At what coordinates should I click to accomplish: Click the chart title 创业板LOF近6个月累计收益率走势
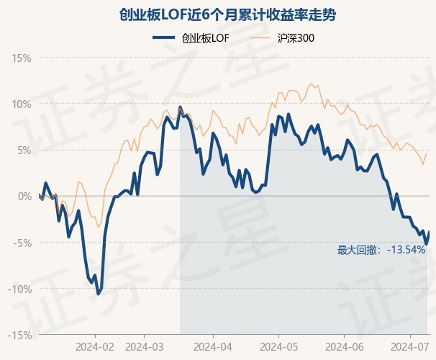[x=218, y=15]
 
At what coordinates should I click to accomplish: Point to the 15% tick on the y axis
[x=21, y=58]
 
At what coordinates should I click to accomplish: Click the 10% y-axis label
[x=21, y=104]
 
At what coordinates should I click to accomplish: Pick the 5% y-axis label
[x=24, y=150]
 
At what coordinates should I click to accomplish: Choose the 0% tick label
[x=24, y=196]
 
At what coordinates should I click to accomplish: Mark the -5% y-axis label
[x=22, y=243]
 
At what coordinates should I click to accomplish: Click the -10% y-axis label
[x=19, y=289]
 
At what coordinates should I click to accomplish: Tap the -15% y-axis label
[x=19, y=335]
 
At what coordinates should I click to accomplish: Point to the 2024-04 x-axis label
[x=214, y=346]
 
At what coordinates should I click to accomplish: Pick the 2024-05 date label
[x=278, y=346]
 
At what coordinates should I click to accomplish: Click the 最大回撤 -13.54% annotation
[x=381, y=250]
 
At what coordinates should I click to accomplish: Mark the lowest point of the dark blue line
[x=98, y=293]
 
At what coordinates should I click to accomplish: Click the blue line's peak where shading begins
[x=180, y=107]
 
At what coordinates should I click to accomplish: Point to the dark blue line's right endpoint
[x=429, y=232]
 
